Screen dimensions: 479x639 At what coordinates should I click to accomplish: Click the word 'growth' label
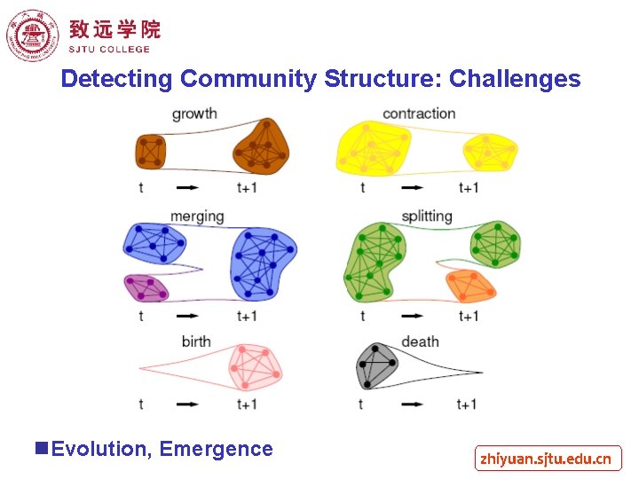click(x=194, y=114)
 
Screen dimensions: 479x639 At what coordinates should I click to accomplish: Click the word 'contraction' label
click(x=419, y=114)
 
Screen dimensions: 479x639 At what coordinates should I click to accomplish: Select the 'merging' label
click(x=197, y=216)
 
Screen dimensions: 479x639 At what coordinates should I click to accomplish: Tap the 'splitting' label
click(x=427, y=216)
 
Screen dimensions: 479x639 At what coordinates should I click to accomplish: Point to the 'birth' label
click(x=196, y=342)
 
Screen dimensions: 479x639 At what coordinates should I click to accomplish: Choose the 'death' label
click(x=420, y=342)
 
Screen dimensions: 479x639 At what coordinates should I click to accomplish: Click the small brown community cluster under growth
click(x=152, y=151)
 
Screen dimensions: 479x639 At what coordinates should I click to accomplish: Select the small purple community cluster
click(x=146, y=287)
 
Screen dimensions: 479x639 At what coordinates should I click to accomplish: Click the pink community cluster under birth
click(x=253, y=366)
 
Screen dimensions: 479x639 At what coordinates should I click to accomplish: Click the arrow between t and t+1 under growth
click(x=187, y=187)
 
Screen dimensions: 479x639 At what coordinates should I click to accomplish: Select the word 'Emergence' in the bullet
click(x=217, y=449)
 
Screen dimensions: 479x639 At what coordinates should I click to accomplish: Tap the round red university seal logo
click(x=30, y=35)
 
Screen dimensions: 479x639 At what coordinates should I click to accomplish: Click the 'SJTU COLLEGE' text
click(x=109, y=50)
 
